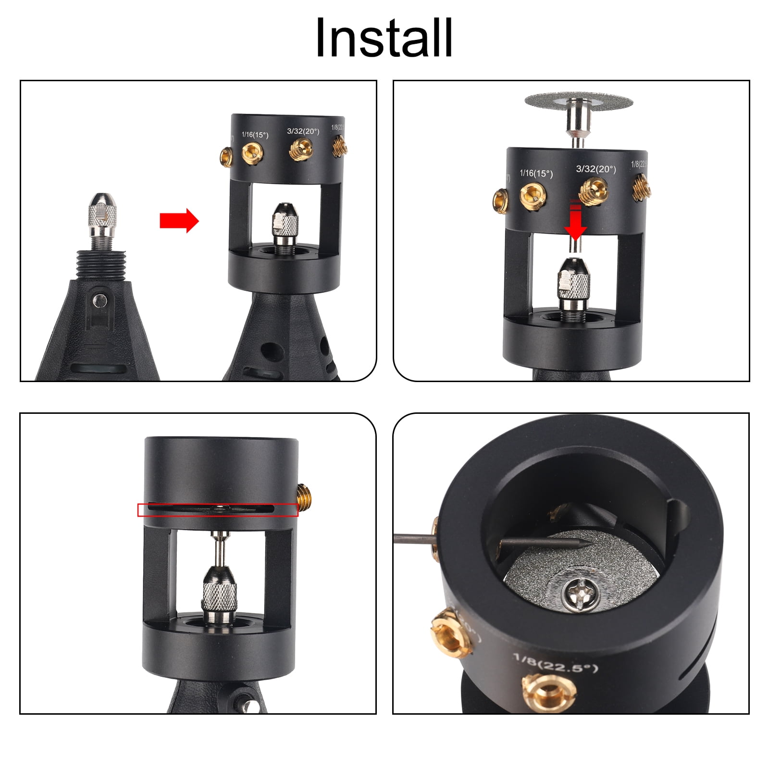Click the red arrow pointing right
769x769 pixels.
pos(179,221)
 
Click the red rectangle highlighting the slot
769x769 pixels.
pos(218,509)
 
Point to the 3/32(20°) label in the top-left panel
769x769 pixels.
pos(303,131)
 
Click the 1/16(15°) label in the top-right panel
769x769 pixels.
pos(536,173)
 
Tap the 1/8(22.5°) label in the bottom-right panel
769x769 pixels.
pos(555,663)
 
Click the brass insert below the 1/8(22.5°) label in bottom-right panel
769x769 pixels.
pos(548,692)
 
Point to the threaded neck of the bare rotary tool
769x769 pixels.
pos(99,264)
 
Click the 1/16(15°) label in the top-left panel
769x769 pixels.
pos(255,135)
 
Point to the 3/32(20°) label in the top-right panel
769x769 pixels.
pos(595,169)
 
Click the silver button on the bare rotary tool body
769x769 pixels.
pos(100,300)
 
